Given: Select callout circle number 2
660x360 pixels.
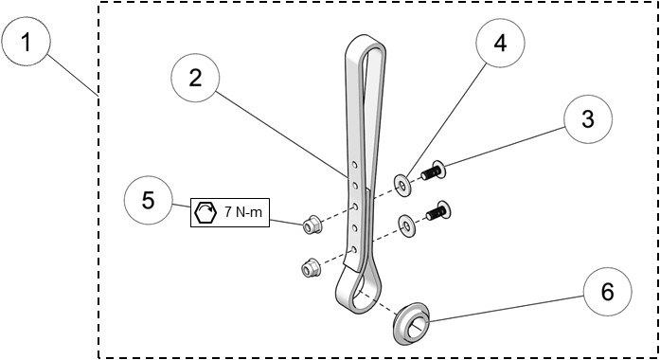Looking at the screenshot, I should [196, 79].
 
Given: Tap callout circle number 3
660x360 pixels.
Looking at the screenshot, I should [587, 119].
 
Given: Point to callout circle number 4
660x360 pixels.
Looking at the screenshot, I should [499, 45].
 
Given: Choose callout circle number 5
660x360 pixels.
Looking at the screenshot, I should [149, 201].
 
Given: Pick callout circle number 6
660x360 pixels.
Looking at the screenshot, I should [606, 292].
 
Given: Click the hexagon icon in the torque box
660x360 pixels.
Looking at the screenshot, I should [205, 212].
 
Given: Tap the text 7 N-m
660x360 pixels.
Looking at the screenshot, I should [241, 212].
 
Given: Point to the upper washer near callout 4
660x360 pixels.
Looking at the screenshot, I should [403, 185].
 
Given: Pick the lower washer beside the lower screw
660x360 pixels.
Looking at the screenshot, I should [406, 225].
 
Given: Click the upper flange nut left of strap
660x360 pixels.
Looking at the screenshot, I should [310, 225].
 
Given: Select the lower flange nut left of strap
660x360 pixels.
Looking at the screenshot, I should [309, 268].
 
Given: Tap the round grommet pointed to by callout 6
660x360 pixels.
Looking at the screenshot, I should [414, 321].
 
